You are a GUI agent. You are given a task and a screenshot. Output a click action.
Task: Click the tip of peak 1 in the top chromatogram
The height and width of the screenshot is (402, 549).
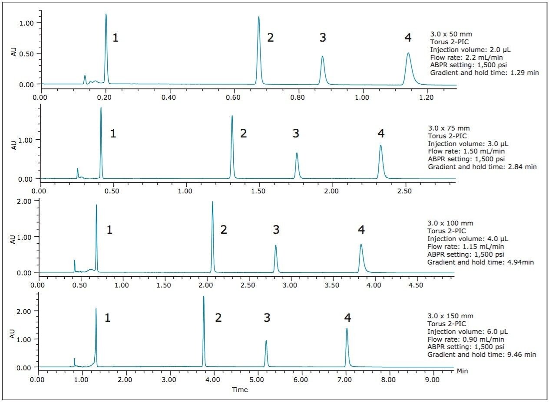pos(106,14)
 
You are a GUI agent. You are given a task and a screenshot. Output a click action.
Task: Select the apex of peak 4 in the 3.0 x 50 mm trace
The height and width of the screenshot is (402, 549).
pos(408,53)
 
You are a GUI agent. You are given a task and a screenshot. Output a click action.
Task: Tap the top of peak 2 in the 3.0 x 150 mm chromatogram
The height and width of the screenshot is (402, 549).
pos(203,297)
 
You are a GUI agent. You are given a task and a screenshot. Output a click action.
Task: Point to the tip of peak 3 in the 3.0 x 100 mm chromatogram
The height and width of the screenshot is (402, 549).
pos(275,246)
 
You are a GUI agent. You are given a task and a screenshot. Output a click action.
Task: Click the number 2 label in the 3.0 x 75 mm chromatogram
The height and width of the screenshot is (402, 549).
pos(243,134)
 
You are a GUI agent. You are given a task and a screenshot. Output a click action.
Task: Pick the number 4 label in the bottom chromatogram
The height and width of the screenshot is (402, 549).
pos(347,318)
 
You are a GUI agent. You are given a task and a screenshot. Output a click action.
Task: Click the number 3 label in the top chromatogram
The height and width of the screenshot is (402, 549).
pos(322,38)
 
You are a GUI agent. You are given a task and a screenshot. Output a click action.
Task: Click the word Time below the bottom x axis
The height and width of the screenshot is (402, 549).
pos(240,389)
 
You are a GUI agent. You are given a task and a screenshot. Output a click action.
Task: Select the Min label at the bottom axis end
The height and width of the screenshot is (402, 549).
pos(462,371)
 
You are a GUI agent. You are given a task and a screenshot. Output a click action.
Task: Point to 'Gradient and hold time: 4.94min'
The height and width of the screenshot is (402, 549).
pos(480,262)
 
